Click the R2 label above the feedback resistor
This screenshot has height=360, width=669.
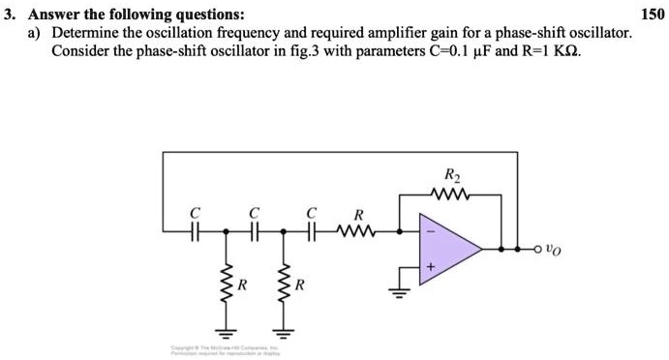[x=451, y=176]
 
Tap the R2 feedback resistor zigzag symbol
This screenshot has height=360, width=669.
[x=451, y=195]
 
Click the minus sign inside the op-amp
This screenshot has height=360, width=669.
[x=431, y=233]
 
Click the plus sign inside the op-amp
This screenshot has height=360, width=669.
[x=431, y=264]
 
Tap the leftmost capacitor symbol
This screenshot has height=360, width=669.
[x=195, y=232]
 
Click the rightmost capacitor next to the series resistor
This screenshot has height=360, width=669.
[x=312, y=232]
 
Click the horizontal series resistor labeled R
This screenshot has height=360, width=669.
[x=357, y=232]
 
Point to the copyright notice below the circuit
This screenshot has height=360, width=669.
[x=223, y=347]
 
